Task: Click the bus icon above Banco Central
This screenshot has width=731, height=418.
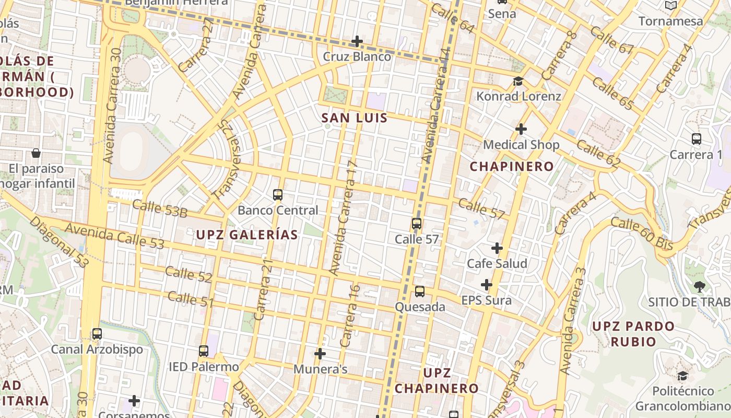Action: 278,195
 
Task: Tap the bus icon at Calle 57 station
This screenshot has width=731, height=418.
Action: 417,224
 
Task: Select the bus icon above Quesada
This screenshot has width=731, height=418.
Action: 420,292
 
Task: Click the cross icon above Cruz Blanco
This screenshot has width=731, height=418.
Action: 357,41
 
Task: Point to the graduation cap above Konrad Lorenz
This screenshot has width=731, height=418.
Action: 518,81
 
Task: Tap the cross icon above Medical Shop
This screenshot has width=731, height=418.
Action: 521,129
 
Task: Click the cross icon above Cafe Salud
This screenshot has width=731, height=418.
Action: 497,248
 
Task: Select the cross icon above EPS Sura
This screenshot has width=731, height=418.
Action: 487,285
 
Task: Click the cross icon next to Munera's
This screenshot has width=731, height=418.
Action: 320,354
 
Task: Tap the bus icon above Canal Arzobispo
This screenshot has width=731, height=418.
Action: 97,334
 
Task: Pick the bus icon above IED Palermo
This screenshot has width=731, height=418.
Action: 204,351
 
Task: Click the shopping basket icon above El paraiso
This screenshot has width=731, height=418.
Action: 36,153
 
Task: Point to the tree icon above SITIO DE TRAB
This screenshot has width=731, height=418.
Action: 699,286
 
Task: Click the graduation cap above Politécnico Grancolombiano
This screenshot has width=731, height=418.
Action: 682,376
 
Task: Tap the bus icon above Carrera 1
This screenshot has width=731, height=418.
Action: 696,139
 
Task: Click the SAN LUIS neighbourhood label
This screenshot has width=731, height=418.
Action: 355,118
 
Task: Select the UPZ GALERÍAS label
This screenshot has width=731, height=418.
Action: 247,235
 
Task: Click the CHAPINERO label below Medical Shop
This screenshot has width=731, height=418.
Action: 512,167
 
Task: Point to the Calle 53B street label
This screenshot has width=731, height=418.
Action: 159,208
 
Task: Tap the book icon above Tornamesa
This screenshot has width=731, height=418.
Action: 671,6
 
